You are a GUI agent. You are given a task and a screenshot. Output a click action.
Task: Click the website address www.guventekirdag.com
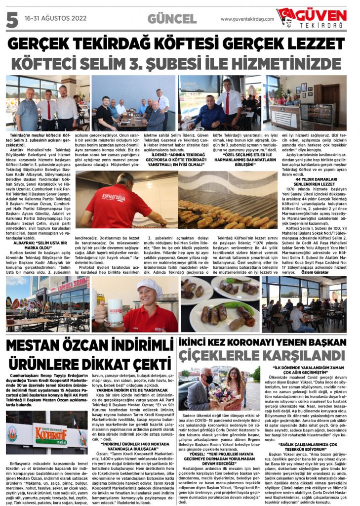point(247,19)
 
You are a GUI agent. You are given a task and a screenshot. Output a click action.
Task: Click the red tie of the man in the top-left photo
point(48,110)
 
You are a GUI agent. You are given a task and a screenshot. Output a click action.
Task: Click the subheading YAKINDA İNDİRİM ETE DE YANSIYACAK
point(125,390)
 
